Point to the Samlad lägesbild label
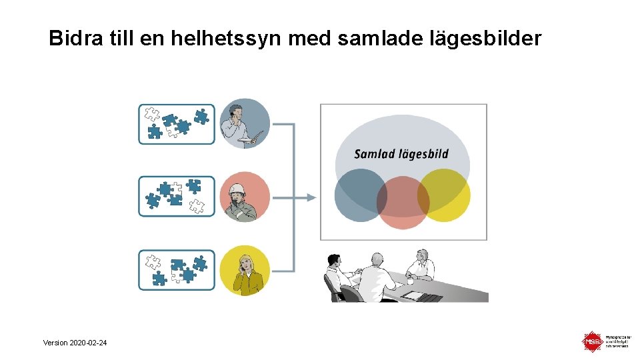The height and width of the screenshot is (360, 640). pos(401,155)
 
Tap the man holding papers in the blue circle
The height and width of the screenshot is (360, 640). pos(244,124)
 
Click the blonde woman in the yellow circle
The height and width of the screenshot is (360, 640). pos(245,271)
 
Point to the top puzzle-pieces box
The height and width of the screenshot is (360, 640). pos(177,124)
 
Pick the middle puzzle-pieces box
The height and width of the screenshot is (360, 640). pos(177,197)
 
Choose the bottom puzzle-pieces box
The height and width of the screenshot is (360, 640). pos(177,270)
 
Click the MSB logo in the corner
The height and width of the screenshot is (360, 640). pos(592,341)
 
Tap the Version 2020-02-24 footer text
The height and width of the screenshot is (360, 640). pos(75,343)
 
